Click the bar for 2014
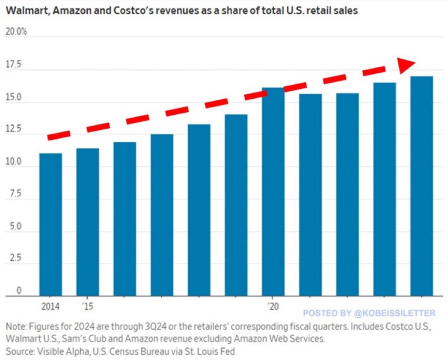[51, 224]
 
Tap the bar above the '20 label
[273, 192]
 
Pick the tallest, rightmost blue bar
[422, 186]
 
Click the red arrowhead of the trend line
[406, 65]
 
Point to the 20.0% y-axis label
[16, 32]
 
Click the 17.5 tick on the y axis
[13, 65]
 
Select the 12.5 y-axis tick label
[13, 130]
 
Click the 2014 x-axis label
[51, 307]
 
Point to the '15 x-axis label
[87, 307]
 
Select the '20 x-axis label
[273, 307]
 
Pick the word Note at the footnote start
[15, 326]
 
